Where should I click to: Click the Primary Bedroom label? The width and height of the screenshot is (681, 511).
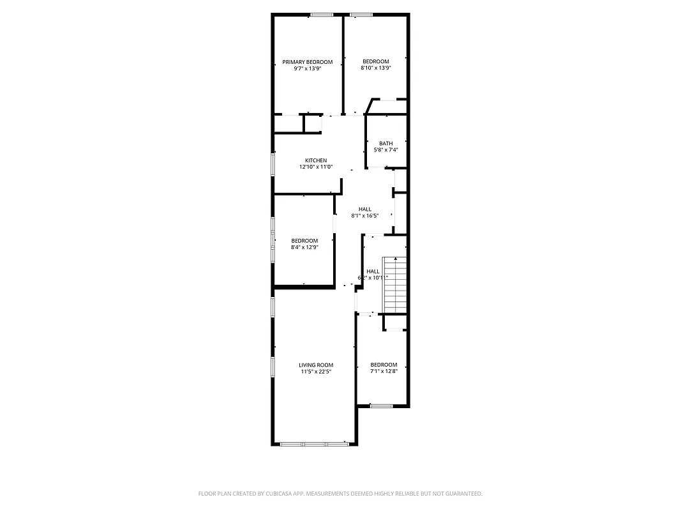click(x=308, y=62)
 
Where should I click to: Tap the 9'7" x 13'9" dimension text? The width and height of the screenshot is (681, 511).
click(x=308, y=68)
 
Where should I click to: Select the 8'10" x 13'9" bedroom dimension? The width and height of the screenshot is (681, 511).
click(x=375, y=68)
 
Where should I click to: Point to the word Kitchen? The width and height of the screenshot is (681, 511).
click(x=316, y=160)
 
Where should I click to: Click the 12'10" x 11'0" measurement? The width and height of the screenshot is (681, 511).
click(x=316, y=167)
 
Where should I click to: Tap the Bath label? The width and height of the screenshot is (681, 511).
click(x=386, y=143)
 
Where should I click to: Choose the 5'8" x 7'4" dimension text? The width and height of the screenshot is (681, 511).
click(x=386, y=150)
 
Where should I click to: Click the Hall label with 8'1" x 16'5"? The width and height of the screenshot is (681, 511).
click(x=365, y=209)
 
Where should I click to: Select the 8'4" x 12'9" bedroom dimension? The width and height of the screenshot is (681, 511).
click(x=304, y=247)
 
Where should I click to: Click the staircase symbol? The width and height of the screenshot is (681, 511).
click(x=395, y=284)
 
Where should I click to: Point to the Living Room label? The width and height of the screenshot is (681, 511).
click(x=316, y=365)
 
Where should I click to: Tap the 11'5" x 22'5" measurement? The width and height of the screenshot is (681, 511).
click(x=316, y=372)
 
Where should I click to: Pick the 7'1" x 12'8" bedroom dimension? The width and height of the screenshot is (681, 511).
click(x=384, y=372)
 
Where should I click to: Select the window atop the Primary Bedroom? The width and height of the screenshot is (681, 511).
click(x=322, y=15)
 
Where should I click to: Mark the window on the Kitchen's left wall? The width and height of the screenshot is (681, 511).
click(x=273, y=164)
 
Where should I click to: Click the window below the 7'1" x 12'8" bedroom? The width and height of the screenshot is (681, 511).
click(x=382, y=405)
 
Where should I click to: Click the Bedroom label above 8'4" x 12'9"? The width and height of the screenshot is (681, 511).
click(x=304, y=241)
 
